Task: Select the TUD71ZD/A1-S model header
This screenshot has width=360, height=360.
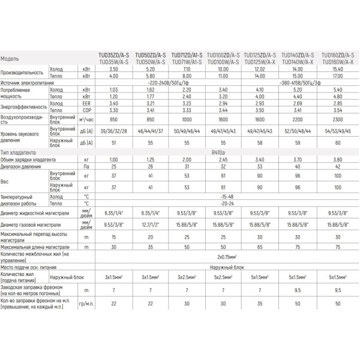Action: click(x=187, y=54)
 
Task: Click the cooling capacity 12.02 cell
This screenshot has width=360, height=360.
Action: click(x=259, y=70)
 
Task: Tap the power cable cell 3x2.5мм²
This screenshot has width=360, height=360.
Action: click(x=187, y=278)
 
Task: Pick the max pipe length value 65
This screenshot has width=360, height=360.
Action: click(x=259, y=245)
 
